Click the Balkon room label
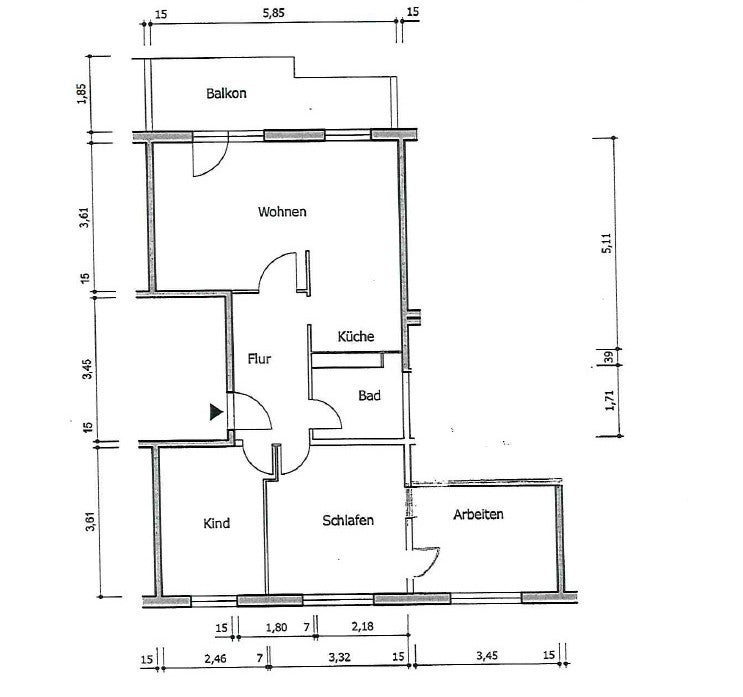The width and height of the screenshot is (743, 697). [x=226, y=93]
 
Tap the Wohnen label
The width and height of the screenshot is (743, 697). [x=282, y=211]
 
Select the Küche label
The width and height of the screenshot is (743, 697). [x=356, y=336]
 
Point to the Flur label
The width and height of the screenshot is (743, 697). [x=259, y=359]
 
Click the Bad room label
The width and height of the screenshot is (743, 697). [x=369, y=395]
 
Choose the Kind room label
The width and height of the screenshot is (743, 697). [x=217, y=523]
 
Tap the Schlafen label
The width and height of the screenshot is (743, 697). [x=348, y=520]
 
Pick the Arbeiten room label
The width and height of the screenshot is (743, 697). [x=478, y=514]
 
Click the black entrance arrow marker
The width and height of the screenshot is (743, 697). [x=216, y=412]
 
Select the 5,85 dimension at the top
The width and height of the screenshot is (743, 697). [x=274, y=13]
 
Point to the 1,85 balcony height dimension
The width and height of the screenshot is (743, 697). [x=82, y=94]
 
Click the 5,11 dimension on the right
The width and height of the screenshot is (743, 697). [x=607, y=244]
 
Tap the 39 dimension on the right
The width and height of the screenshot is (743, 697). [x=609, y=357]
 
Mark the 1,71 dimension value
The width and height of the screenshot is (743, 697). [x=609, y=400]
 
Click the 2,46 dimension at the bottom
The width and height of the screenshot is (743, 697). [x=215, y=659]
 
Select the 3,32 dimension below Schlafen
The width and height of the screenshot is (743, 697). [x=339, y=658]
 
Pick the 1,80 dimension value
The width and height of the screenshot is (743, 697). [x=276, y=628]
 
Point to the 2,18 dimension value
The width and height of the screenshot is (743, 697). [x=362, y=626]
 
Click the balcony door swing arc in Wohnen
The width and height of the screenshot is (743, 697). [x=219, y=164]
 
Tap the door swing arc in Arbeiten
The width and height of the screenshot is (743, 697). [x=432, y=566]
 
